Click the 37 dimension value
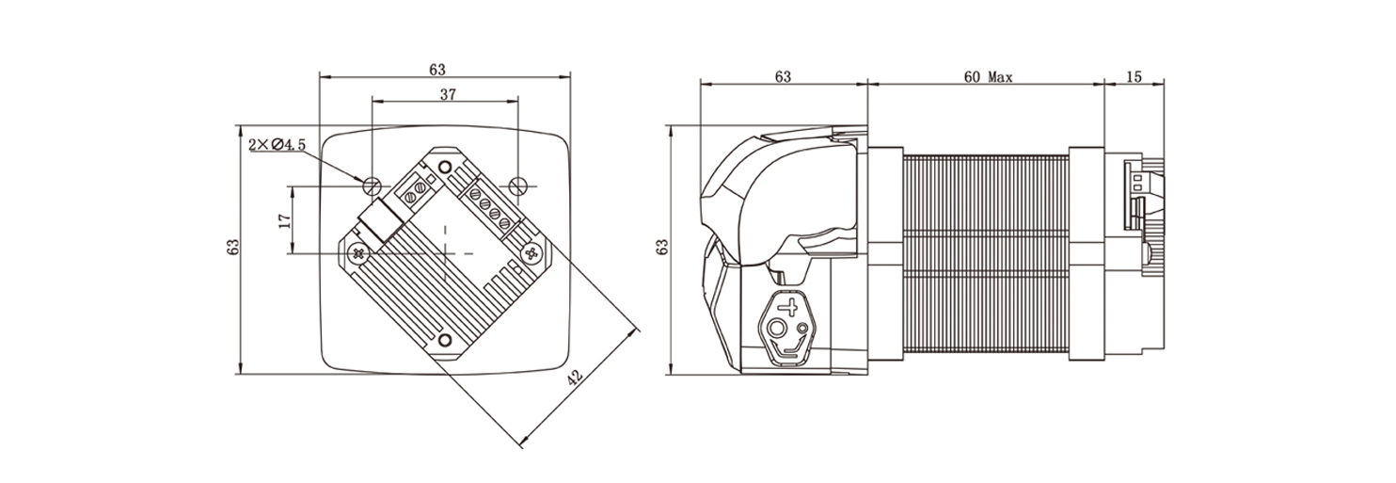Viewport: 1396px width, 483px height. pyautogui.click(x=448, y=94)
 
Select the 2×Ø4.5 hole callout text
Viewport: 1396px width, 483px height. pyautogui.click(x=277, y=145)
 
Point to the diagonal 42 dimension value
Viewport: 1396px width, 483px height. pyautogui.click(x=574, y=377)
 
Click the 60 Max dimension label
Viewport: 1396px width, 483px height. pyautogui.click(x=989, y=77)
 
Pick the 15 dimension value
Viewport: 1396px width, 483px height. pyautogui.click(x=1134, y=76)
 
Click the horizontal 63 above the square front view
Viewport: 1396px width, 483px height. pyautogui.click(x=437, y=69)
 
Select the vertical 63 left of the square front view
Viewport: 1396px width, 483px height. pyautogui.click(x=233, y=247)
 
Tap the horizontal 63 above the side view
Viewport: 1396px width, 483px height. pyautogui.click(x=783, y=76)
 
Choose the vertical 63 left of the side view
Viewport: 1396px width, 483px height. pyautogui.click(x=662, y=247)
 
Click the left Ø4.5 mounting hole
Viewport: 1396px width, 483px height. pyautogui.click(x=373, y=185)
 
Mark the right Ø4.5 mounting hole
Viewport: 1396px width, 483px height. pyautogui.click(x=518, y=185)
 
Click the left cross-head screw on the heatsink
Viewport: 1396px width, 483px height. pyautogui.click(x=358, y=253)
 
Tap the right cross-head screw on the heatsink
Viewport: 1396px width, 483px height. pyautogui.click(x=531, y=253)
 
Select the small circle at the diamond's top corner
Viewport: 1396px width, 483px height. pyautogui.click(x=445, y=167)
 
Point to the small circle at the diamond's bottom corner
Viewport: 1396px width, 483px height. pyautogui.click(x=445, y=340)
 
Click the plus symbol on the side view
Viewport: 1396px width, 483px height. pyautogui.click(x=789, y=308)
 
